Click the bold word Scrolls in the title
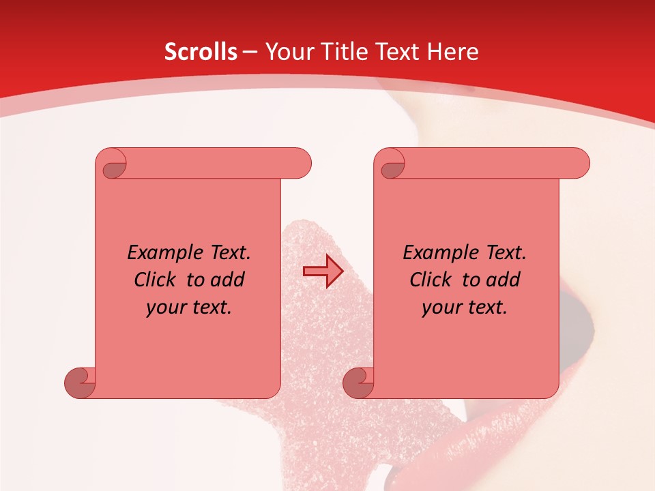click(x=201, y=52)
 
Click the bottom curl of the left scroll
click(x=80, y=383)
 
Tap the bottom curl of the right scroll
click(x=358, y=383)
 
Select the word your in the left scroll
click(x=164, y=308)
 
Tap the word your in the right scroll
click(x=439, y=308)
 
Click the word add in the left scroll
click(x=228, y=280)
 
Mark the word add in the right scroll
click(x=504, y=280)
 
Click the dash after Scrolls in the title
click(x=250, y=52)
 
